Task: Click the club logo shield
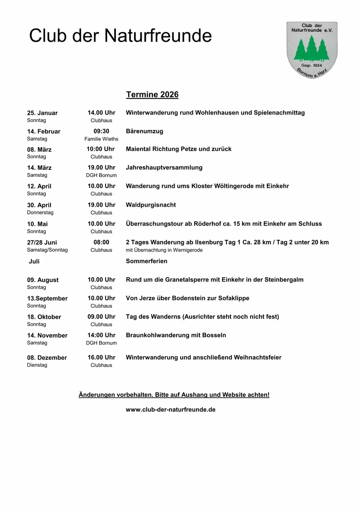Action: [x=312, y=50]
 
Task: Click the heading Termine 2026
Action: [x=152, y=95]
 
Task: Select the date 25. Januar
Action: [x=42, y=113]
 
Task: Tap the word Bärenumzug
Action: [x=144, y=131]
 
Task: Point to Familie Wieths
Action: [x=101, y=139]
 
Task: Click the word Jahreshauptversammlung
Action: [x=164, y=167]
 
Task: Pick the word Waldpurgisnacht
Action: [x=151, y=205]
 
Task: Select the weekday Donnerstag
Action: [x=40, y=212]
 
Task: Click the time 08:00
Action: [x=101, y=242]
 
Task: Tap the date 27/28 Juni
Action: [x=42, y=243]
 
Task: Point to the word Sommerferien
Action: [x=146, y=261]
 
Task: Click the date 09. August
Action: [x=43, y=280]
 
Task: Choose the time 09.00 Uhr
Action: [x=101, y=317]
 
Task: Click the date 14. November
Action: [x=47, y=336]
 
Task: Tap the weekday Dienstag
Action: [x=37, y=365]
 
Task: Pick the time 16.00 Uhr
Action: [x=101, y=357]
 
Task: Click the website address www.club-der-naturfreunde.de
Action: [x=170, y=410]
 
